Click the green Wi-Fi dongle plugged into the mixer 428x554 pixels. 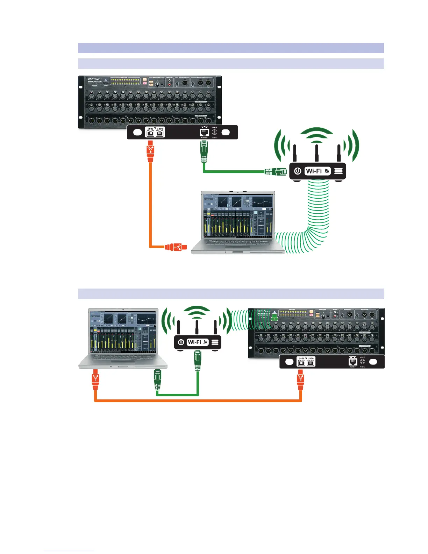coord(274,318)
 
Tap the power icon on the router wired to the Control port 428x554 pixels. coord(298,171)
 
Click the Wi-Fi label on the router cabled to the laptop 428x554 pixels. coord(194,342)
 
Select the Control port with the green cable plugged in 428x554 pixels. coord(204,132)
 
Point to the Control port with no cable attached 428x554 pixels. coord(353,362)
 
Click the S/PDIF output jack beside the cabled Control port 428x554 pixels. coord(214,132)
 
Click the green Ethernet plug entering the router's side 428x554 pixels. coord(276,171)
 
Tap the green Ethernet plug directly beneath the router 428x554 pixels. coord(198,361)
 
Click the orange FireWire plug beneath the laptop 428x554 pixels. coord(95,381)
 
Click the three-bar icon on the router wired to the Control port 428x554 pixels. coord(338,171)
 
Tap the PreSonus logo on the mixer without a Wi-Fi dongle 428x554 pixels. coord(95,79)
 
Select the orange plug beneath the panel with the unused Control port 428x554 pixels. coord(300,381)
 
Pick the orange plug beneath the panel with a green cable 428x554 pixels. coord(150,151)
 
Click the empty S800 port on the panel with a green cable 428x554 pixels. coord(160,133)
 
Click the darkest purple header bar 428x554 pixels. coord(230,48)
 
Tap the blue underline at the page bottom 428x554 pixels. coord(69,551)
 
